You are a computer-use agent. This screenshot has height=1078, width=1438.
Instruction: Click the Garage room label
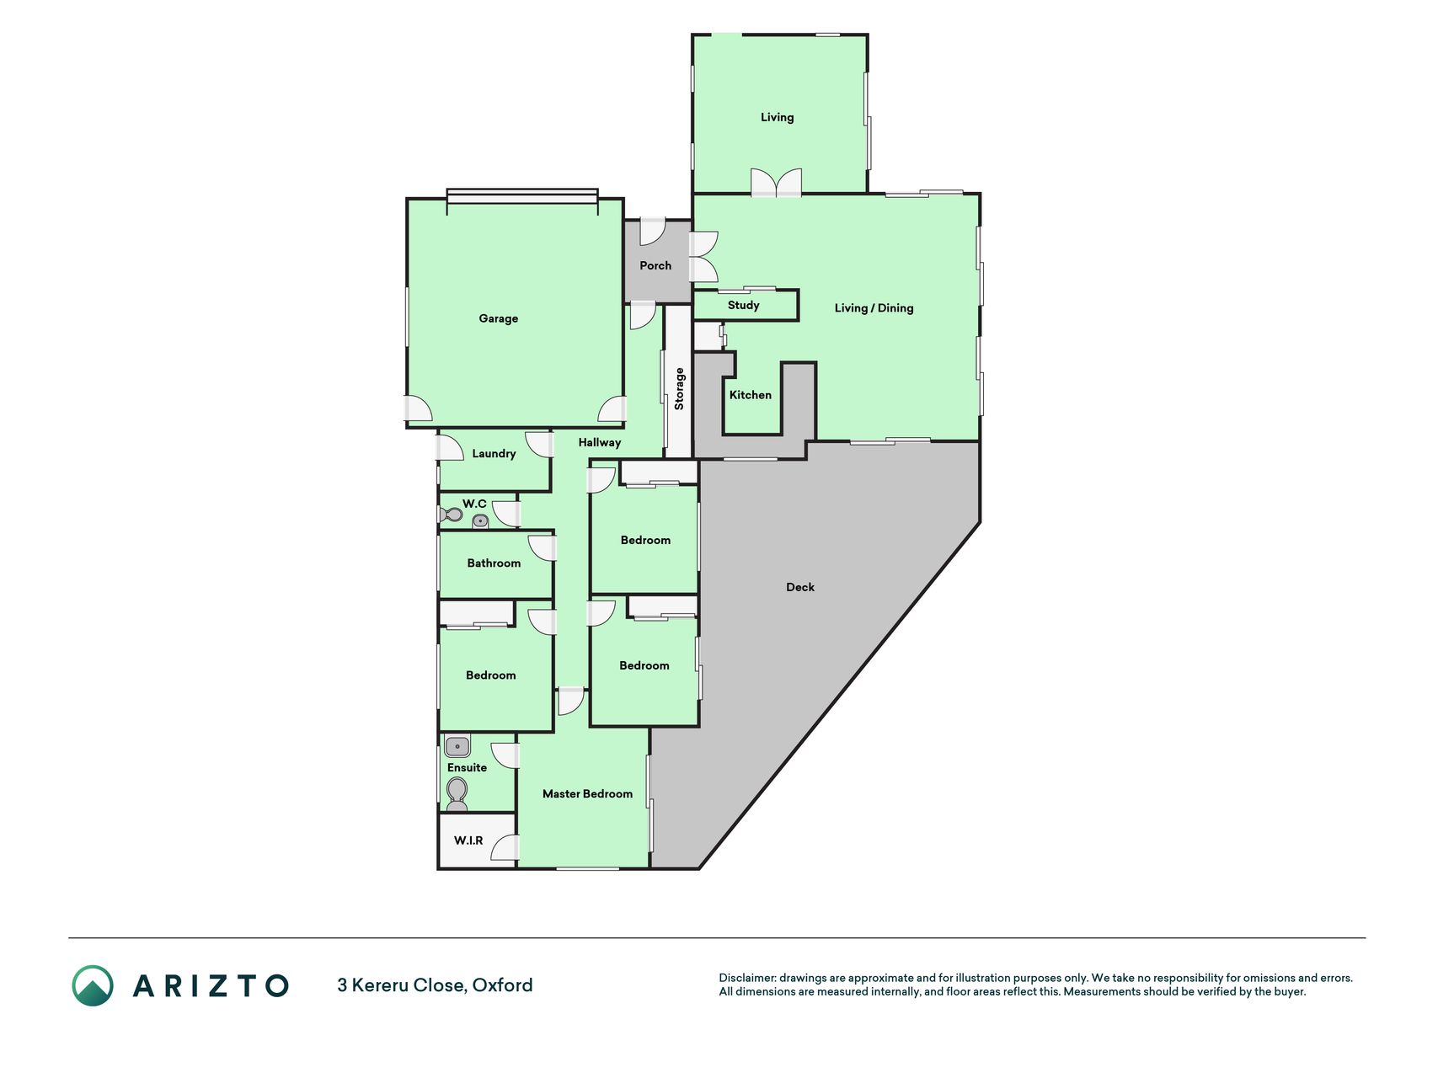498,318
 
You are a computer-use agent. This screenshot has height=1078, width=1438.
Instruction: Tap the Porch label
655,265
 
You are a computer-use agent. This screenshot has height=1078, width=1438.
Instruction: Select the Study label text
744,305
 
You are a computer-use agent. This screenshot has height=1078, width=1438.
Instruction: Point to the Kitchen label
750,394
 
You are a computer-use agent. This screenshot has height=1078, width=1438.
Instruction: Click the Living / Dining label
874,307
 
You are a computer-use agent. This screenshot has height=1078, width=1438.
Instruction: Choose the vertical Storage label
679,389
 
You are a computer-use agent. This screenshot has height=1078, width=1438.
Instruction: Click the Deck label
800,587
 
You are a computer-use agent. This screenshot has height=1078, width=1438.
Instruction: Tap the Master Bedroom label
587,793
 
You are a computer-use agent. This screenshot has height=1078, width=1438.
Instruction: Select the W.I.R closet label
468,841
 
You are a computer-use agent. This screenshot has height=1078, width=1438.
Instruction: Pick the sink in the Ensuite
457,746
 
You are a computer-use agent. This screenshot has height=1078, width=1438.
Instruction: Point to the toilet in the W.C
452,514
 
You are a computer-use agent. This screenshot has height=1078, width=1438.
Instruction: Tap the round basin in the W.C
480,520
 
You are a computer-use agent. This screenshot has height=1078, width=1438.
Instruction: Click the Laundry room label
494,453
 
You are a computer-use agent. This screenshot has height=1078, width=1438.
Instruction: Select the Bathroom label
494,563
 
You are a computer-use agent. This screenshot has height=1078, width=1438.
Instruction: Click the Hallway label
599,442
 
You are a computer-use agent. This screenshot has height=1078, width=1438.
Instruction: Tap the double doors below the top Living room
776,182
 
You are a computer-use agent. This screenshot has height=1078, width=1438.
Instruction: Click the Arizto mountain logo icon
93,985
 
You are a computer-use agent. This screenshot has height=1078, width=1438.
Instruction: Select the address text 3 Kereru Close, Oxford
435,985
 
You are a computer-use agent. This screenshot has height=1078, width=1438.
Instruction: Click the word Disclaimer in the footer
747,978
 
